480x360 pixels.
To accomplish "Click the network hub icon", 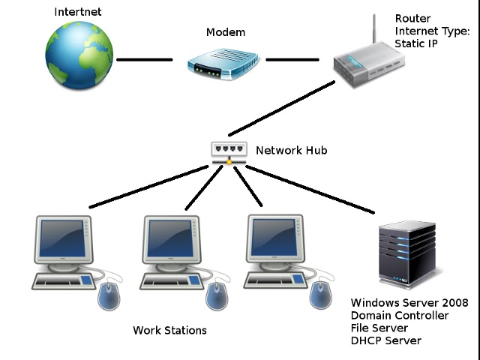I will tap(228, 151).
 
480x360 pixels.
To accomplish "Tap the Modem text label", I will tap(225, 33).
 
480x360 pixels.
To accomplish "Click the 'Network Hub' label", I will tap(291, 151).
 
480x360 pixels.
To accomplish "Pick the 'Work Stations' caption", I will tap(169, 330).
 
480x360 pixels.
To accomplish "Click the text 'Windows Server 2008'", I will tap(409, 303).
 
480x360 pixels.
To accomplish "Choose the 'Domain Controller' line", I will tap(400, 316).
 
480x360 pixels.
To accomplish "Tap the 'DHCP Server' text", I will tap(386, 341).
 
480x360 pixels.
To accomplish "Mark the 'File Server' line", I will tap(379, 328).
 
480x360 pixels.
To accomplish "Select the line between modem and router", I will tap(292, 60).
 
